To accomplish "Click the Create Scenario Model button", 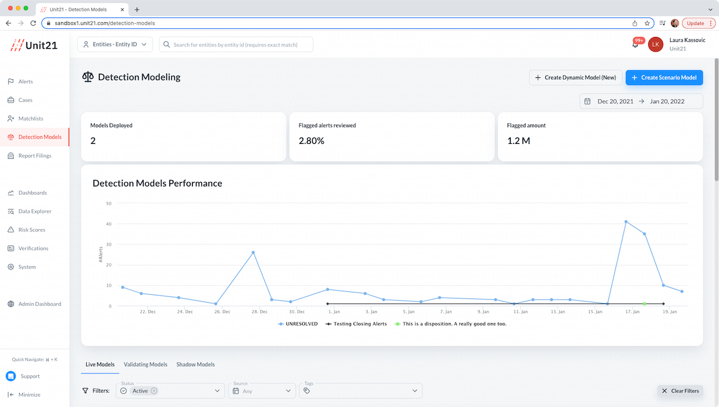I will click(x=664, y=77).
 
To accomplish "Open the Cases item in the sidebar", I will click(x=25, y=100).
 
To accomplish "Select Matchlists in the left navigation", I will click(x=31, y=119).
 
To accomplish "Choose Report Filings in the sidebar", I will click(x=35, y=156).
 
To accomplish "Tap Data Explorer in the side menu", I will click(x=35, y=212).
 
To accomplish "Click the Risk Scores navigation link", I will click(x=32, y=230).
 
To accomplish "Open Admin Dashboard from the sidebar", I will click(x=40, y=304).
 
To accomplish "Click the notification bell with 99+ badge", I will click(x=635, y=44).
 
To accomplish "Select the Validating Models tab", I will click(x=146, y=364).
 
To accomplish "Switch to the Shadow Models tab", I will click(x=195, y=364).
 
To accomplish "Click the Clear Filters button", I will click(x=680, y=391).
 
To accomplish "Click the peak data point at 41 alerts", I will click(x=626, y=222).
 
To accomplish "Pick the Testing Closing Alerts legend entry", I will click(x=355, y=324).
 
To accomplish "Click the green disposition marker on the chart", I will click(x=644, y=304).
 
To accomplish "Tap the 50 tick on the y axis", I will click(x=108, y=203).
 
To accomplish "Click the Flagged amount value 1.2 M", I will click(x=518, y=141).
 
